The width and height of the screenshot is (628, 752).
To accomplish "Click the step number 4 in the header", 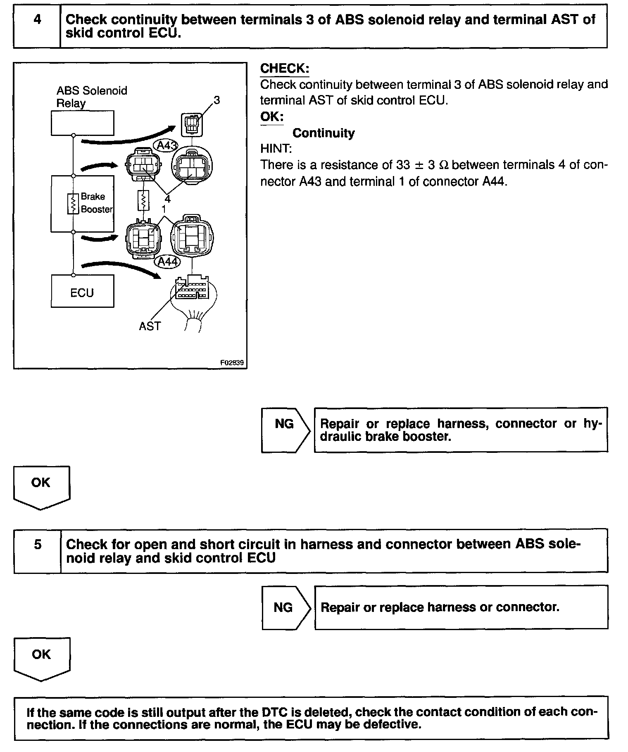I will tap(37, 19).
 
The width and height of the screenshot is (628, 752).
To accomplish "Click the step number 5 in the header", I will tap(38, 544).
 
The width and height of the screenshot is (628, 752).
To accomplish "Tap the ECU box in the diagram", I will tap(82, 292).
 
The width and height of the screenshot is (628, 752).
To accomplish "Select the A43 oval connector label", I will tap(166, 145).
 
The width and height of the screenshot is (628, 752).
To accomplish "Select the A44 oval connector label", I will tap(167, 262).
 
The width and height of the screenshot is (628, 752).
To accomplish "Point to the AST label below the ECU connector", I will tap(150, 326).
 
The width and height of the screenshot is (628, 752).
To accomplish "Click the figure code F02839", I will tap(232, 363).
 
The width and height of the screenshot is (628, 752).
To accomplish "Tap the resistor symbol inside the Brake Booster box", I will tap(73, 204).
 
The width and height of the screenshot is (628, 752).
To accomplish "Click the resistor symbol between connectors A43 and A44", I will tap(143, 201).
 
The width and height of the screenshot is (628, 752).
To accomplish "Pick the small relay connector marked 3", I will tap(192, 124).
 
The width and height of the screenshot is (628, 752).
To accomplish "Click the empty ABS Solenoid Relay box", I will tap(82, 123).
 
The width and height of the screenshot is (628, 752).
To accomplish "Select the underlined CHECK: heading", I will tap(285, 69).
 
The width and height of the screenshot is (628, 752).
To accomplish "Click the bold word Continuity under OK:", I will tap(324, 133).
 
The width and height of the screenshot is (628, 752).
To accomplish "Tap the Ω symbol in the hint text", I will tap(444, 165).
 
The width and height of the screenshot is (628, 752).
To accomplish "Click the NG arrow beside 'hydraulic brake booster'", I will tap(285, 430).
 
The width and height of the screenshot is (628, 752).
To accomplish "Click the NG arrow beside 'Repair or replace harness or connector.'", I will tap(285, 607).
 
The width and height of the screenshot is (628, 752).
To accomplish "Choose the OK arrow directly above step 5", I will tap(41, 487).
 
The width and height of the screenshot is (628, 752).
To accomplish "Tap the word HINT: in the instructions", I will tap(276, 148).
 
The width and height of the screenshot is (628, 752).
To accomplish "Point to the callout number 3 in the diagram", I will tap(217, 100).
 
